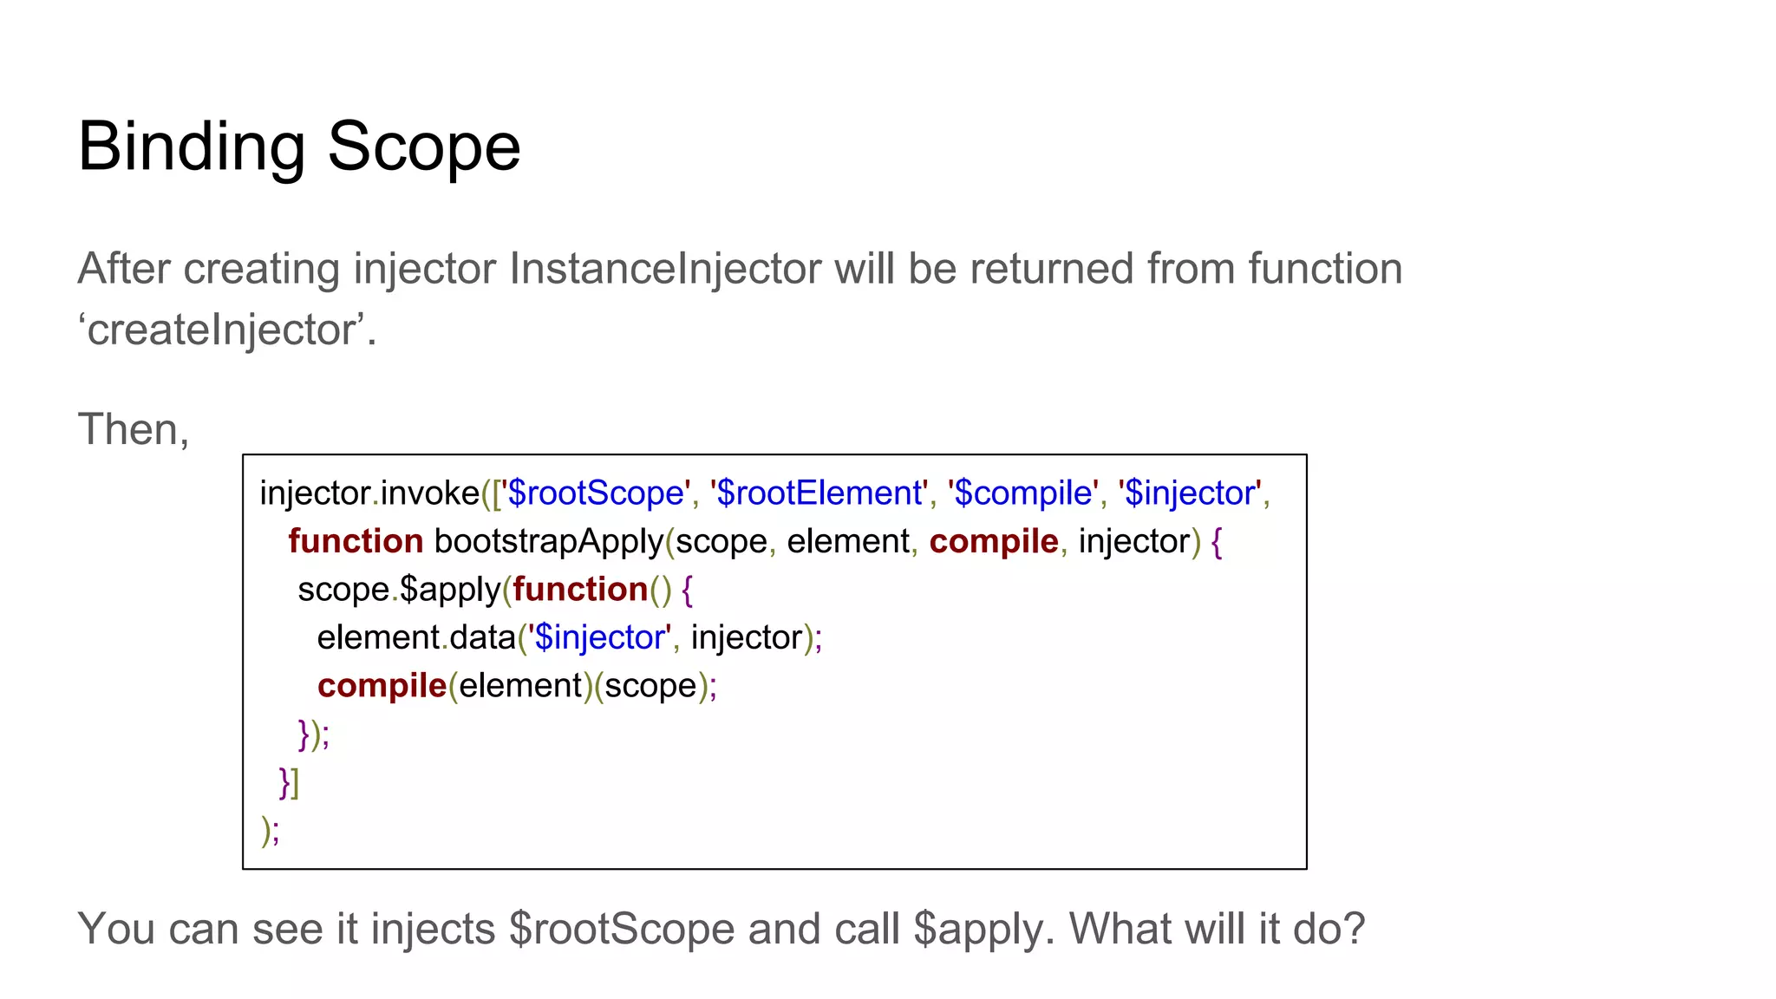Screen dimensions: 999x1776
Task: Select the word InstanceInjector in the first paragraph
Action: click(664, 269)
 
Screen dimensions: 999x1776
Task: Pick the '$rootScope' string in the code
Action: click(596, 493)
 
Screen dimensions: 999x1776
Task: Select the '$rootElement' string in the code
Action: click(819, 493)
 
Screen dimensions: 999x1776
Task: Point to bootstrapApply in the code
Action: click(549, 542)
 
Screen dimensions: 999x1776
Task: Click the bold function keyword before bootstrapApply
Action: click(356, 542)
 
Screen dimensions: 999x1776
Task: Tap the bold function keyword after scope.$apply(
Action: click(580, 590)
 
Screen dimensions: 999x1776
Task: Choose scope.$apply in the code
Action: click(399, 590)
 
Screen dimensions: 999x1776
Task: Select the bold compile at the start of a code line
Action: click(382, 686)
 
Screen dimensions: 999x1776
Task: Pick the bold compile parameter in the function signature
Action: click(994, 542)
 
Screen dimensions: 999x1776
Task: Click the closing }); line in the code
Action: click(313, 735)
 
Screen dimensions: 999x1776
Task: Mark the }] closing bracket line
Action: click(289, 782)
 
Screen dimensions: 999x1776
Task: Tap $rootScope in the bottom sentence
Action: click(621, 930)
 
